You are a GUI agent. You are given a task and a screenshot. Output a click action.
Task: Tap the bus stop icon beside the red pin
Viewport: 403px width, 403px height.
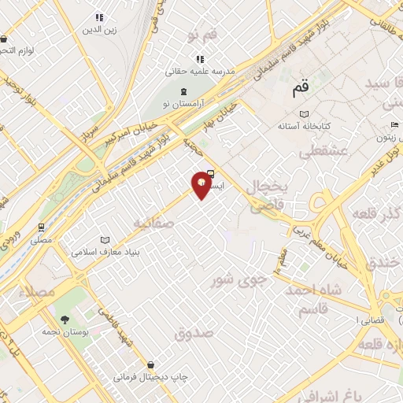(x=211, y=176)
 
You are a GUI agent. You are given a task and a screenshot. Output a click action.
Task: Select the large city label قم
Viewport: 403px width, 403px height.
(x=301, y=89)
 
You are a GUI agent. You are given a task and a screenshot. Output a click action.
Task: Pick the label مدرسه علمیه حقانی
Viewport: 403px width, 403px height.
(x=201, y=72)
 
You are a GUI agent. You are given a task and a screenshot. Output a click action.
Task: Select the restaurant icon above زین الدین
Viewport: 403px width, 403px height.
(x=99, y=17)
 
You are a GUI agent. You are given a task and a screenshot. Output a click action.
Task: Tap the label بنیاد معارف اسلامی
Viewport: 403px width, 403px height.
(x=105, y=253)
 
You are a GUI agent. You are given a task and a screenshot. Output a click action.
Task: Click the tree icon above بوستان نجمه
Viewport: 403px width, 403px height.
(x=65, y=320)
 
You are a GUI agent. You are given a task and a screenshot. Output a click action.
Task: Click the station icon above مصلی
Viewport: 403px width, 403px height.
(x=40, y=227)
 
